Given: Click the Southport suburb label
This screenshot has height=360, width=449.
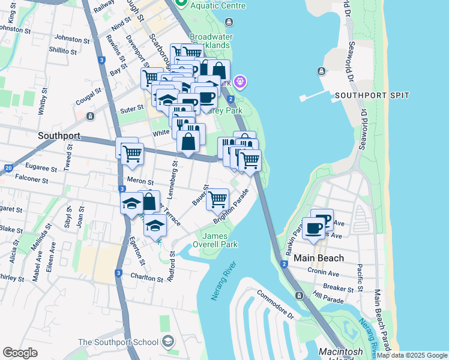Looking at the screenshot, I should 59,136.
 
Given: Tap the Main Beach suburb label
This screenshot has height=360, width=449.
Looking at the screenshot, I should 319,258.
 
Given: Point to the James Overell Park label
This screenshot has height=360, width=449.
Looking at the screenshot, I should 215,240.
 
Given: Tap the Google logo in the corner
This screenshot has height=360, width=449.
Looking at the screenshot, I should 20,353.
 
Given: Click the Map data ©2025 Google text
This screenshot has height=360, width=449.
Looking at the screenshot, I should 412,355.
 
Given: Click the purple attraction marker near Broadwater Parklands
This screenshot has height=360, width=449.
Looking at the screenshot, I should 240,80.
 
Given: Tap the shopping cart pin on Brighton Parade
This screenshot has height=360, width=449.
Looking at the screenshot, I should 217,199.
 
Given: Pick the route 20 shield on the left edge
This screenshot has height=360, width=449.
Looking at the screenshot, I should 8,169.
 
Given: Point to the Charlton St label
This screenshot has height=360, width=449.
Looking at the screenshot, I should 147,278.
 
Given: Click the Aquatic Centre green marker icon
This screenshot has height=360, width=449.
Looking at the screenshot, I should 181,4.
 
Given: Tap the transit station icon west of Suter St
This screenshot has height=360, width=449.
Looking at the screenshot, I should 90,116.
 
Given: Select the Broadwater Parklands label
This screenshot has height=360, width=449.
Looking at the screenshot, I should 210,40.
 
